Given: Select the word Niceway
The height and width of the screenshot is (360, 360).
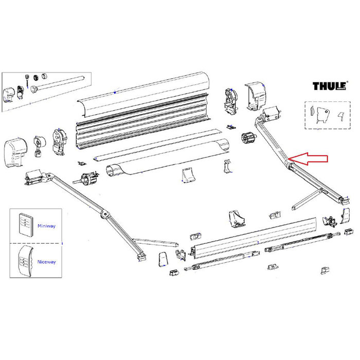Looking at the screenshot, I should (46, 262).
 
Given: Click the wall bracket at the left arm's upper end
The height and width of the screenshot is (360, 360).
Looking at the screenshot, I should (34, 178).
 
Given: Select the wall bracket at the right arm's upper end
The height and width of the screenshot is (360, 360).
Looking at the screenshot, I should (271, 114).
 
